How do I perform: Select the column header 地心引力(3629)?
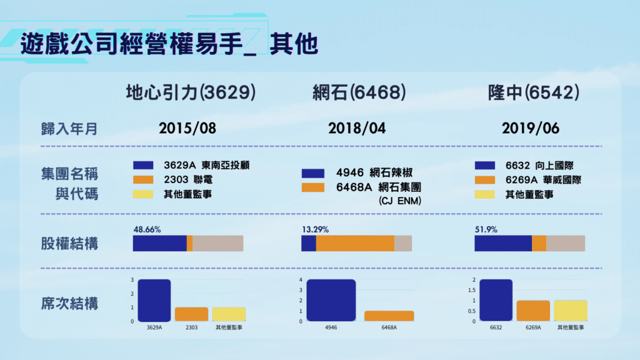[191, 93]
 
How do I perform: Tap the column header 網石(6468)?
[359, 93]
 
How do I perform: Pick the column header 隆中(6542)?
[533, 93]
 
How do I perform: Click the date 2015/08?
[187, 129]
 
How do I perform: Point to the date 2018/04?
[357, 129]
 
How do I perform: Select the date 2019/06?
[530, 129]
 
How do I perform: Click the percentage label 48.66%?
[147, 229]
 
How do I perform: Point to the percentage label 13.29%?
[315, 229]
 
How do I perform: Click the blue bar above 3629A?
[154, 301]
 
